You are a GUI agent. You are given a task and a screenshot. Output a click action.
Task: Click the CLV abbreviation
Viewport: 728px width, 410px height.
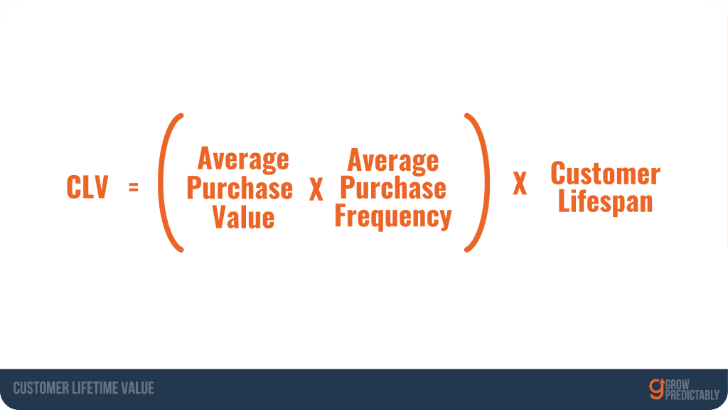point(87,187)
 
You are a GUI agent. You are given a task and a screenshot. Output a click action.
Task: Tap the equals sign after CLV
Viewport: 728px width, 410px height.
point(134,187)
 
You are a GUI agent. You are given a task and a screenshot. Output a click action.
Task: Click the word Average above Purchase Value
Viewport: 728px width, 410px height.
point(243,159)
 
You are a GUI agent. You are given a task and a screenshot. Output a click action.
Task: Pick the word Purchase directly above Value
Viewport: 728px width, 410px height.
point(240,188)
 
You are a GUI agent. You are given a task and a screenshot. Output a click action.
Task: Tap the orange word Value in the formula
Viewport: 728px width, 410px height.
point(243,217)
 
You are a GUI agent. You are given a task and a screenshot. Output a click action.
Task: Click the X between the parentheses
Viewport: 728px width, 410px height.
point(316,189)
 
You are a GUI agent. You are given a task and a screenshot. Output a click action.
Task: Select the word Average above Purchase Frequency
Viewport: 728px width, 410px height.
point(392,161)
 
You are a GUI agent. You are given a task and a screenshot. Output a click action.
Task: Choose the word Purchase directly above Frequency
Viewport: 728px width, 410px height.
point(393,187)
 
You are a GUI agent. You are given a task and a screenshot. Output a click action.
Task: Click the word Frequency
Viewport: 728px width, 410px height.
point(393,216)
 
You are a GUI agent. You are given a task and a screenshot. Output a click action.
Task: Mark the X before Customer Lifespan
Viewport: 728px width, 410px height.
point(520,183)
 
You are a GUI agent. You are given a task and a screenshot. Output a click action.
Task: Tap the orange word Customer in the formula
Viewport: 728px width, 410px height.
point(606,174)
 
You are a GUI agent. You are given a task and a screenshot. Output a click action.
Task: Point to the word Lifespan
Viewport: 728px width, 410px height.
point(606,201)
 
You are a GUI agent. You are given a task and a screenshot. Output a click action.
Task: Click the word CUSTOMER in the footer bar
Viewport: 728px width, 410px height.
point(41,388)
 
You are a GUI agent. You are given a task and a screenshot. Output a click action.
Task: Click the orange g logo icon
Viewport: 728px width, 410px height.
point(656,389)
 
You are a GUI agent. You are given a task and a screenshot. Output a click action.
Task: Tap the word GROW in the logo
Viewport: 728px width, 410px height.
point(678,384)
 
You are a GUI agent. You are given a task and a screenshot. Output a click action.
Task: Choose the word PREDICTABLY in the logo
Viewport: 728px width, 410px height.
point(692,395)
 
